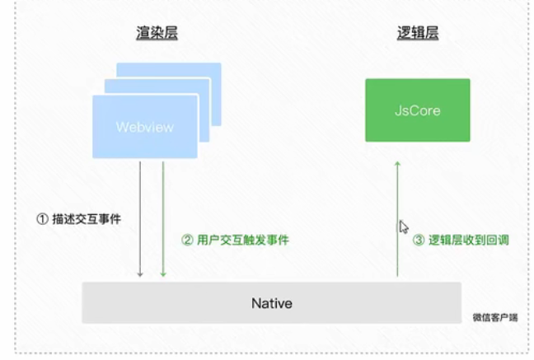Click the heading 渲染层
[x=157, y=33]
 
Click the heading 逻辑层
[x=418, y=33]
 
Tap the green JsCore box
[x=418, y=110]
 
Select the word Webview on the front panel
[x=145, y=127]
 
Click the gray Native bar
[x=272, y=302]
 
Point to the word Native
[x=272, y=303]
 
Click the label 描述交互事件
[x=87, y=219]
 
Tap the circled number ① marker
[x=42, y=219]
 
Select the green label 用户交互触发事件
[x=243, y=240]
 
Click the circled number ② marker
[x=187, y=240]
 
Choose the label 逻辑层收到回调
[x=469, y=240]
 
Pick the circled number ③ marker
[x=419, y=240]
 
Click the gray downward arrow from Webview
[x=140, y=219]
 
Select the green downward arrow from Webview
[x=163, y=219]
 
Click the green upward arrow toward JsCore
[x=397, y=219]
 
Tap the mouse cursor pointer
[x=404, y=227]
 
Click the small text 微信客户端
[x=495, y=317]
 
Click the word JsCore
[x=418, y=110]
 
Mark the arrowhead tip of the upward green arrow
[x=397, y=161]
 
